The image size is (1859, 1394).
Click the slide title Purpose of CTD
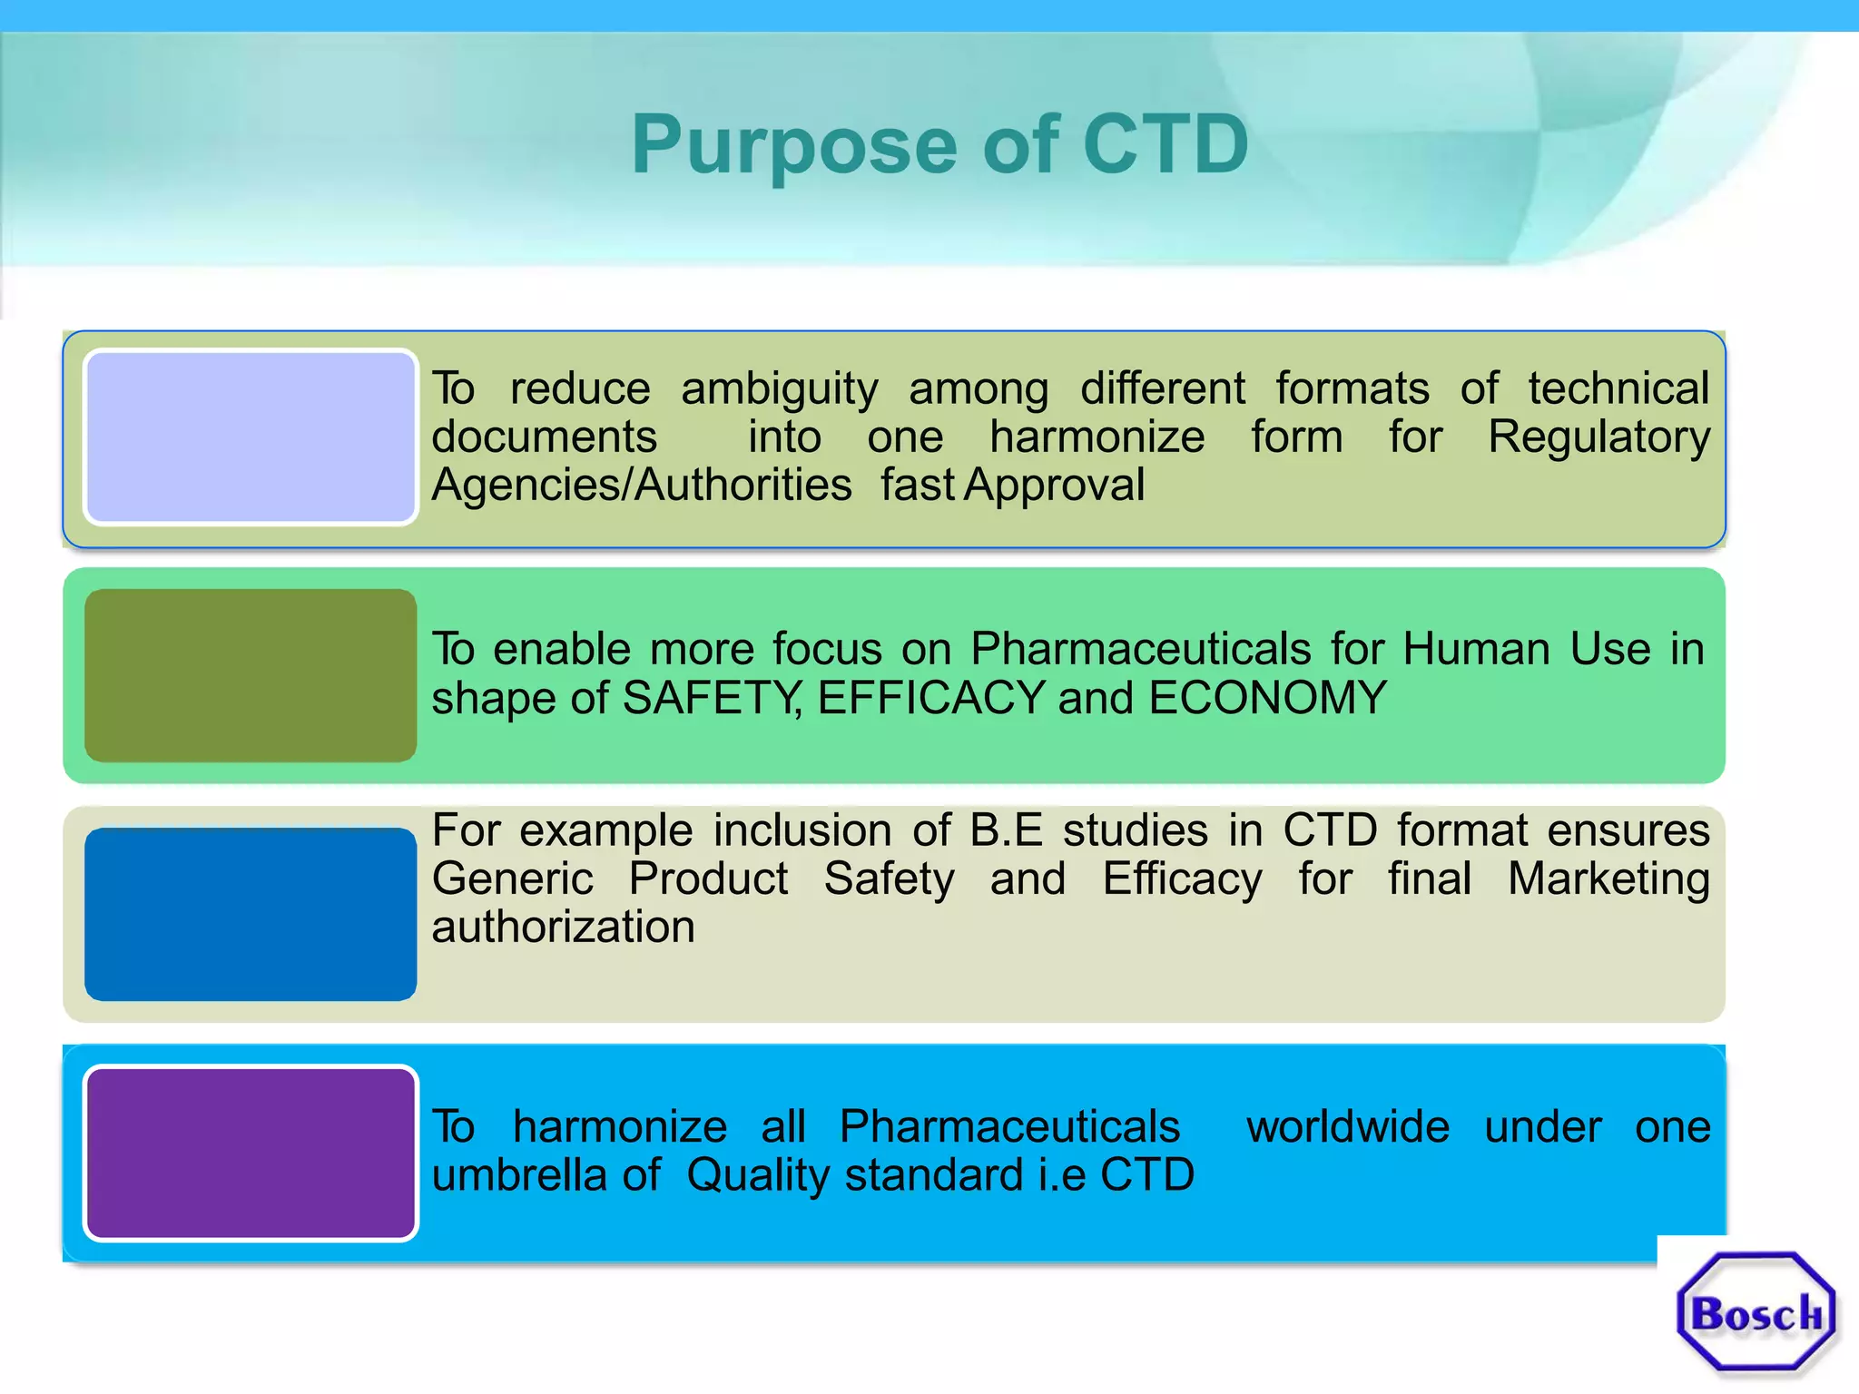[939, 145]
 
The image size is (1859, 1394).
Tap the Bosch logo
[1756, 1312]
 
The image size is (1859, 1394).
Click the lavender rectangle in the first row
[251, 437]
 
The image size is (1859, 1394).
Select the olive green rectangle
[251, 675]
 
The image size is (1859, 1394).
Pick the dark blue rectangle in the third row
[251, 914]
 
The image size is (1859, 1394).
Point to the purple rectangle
[251, 1153]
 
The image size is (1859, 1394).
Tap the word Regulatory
[1598, 438]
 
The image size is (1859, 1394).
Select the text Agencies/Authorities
[641, 486]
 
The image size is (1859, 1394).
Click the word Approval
[1054, 486]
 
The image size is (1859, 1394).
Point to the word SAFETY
[711, 699]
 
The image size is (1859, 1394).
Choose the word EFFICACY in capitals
[931, 699]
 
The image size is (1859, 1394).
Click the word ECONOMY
[1267, 699]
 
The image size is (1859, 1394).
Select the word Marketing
[1608, 879]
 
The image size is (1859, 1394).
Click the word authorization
[563, 928]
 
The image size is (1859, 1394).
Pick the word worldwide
[1347, 1127]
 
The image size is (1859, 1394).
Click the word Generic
[513, 879]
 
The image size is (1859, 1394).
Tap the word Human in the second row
[1476, 650]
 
